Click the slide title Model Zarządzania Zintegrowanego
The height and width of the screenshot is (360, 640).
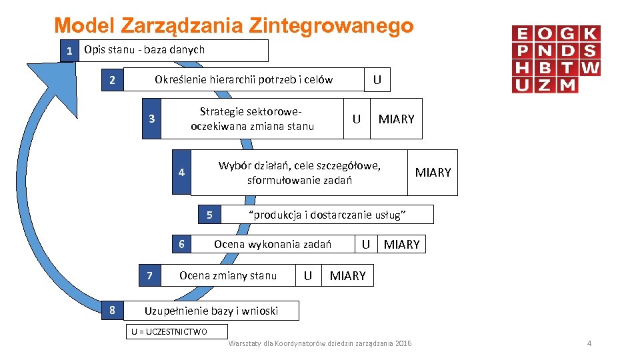[234, 26]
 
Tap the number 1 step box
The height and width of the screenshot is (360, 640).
[67, 51]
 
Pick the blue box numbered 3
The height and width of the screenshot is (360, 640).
[151, 119]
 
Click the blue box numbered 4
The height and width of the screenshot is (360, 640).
[181, 173]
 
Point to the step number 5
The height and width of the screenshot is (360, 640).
[209, 215]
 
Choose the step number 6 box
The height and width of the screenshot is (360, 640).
[181, 244]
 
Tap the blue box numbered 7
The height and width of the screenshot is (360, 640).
[150, 275]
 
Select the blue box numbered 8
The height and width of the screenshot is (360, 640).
[112, 310]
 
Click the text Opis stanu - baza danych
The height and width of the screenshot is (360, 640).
[145, 49]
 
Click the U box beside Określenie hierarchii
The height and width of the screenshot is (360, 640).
[377, 80]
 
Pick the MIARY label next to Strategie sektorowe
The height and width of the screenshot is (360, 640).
[396, 119]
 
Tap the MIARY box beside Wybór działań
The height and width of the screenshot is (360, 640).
[433, 173]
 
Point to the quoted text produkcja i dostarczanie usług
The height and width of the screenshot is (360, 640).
[327, 215]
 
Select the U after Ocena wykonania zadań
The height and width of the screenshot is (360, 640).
[365, 244]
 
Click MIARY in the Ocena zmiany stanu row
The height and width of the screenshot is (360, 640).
[348, 275]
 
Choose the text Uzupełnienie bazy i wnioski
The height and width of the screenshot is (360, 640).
[211, 310]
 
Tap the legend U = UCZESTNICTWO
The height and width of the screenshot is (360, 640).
[169, 331]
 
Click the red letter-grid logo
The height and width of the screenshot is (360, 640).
[556, 59]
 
